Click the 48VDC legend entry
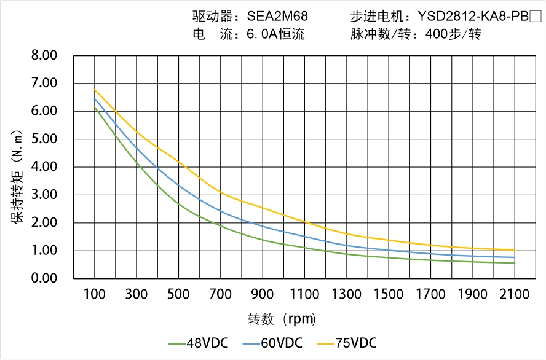(198, 343)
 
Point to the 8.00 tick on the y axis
(44, 55)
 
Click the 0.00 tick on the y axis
(44, 278)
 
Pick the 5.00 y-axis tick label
(44, 139)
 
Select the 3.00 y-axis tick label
(44, 195)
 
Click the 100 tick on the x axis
(94, 294)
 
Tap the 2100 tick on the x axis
(515, 294)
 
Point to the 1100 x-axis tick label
(304, 294)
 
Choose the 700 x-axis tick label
(221, 294)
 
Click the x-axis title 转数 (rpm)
(282, 319)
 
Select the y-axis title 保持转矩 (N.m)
(18, 177)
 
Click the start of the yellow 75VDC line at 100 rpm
(95, 90)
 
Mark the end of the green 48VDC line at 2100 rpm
(514, 263)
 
